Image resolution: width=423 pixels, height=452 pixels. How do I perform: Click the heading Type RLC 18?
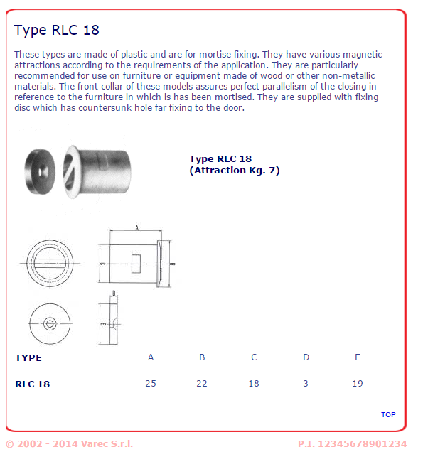tap(56, 31)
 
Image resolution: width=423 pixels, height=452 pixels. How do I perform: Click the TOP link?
tap(388, 414)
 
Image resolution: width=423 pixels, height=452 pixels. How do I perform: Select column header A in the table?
tap(151, 357)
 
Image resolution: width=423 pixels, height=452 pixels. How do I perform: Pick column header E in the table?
tap(358, 357)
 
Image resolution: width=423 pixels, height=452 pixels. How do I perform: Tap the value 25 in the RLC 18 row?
tap(151, 384)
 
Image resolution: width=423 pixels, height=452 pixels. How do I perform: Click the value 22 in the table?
tap(202, 384)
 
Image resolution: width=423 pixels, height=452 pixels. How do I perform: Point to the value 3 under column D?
tap(306, 384)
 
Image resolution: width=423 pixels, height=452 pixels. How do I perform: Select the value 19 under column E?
tap(358, 384)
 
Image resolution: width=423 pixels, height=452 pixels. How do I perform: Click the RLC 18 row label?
tap(32, 384)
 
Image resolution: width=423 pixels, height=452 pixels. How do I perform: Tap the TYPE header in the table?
tap(28, 358)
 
